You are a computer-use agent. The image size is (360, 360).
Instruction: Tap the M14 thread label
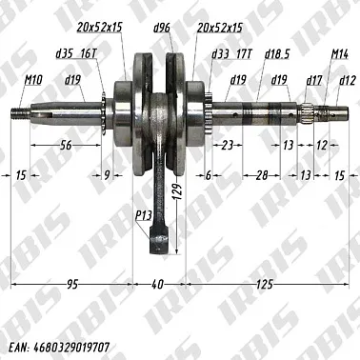340,57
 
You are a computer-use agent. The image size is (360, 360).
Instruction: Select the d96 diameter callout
163,30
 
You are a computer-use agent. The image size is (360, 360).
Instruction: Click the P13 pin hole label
144,217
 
